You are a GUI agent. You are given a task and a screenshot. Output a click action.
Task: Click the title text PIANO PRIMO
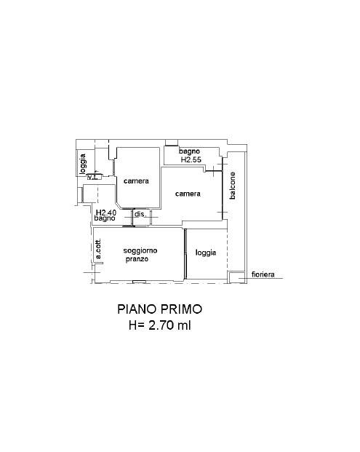(159, 309)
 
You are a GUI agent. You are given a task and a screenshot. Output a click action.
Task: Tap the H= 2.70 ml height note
(160, 325)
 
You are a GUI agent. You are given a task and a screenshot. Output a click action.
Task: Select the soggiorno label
(140, 251)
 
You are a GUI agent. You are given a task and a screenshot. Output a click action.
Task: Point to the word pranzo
(137, 259)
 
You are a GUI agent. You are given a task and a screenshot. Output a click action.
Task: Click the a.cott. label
(98, 248)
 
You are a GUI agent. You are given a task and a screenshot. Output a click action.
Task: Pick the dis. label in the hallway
(140, 214)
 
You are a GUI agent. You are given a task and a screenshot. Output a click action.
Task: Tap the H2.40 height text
(106, 213)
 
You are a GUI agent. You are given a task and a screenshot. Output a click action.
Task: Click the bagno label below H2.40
(105, 218)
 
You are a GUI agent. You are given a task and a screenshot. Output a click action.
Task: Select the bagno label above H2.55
(190, 151)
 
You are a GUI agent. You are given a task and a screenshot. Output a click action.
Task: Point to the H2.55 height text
(191, 159)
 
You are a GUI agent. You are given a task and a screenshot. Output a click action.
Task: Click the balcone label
(233, 186)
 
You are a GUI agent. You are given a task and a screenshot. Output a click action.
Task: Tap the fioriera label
(263, 274)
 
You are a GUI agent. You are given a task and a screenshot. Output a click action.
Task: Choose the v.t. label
(93, 177)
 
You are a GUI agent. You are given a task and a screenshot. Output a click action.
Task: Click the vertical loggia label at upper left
(83, 164)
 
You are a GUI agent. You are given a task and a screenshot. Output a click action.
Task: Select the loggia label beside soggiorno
(206, 253)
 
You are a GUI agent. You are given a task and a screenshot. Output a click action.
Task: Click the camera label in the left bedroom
(136, 181)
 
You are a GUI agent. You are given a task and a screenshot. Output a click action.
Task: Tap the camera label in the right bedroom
(188, 194)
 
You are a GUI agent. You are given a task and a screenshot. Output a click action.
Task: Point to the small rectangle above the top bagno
(172, 143)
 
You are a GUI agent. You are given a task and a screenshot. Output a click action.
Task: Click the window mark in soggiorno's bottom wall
(139, 282)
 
